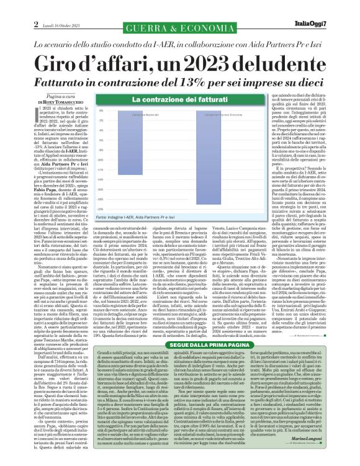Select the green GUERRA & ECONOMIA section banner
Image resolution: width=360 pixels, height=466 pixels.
point(180,30)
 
